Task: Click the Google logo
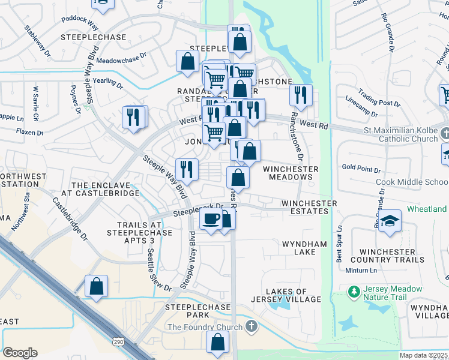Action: tap(20, 353)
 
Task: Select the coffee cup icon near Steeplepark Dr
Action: tap(211, 220)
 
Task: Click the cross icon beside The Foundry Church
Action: tap(252, 327)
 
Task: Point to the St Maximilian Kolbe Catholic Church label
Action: tap(400, 135)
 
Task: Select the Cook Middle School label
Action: tap(411, 182)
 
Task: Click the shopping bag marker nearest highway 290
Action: tap(96, 287)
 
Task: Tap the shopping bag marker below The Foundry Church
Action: tap(218, 343)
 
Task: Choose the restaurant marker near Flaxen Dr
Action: tap(134, 117)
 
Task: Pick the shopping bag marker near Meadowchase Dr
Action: tap(187, 62)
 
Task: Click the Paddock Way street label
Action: tap(79, 26)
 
